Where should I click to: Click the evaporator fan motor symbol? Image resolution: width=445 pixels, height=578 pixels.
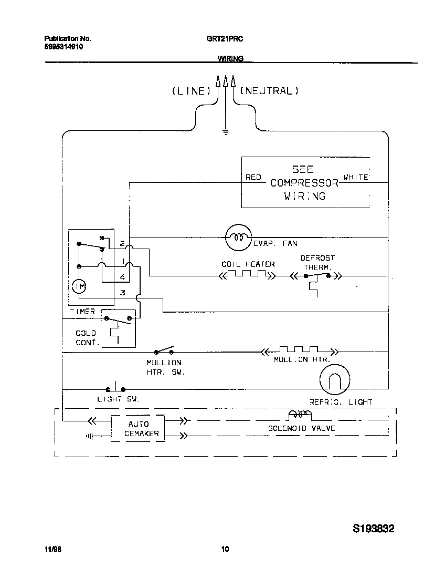(239, 237)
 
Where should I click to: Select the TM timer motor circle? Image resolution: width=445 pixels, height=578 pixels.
(79, 286)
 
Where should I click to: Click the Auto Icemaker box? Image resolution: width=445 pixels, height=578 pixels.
(138, 429)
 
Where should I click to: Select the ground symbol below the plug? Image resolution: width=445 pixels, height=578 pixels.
(226, 132)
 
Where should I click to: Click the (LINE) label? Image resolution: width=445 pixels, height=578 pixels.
(191, 91)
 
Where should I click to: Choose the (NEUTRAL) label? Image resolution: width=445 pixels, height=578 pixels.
(269, 91)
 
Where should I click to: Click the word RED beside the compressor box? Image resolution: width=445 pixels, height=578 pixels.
(253, 178)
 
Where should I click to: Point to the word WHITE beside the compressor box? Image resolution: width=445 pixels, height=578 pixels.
(356, 178)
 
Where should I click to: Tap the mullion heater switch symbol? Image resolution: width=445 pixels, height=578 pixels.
(164, 350)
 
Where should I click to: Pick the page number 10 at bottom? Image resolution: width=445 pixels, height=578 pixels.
(225, 550)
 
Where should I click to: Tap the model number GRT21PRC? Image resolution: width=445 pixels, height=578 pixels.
(225, 39)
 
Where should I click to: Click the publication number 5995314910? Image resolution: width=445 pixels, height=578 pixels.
(63, 47)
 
